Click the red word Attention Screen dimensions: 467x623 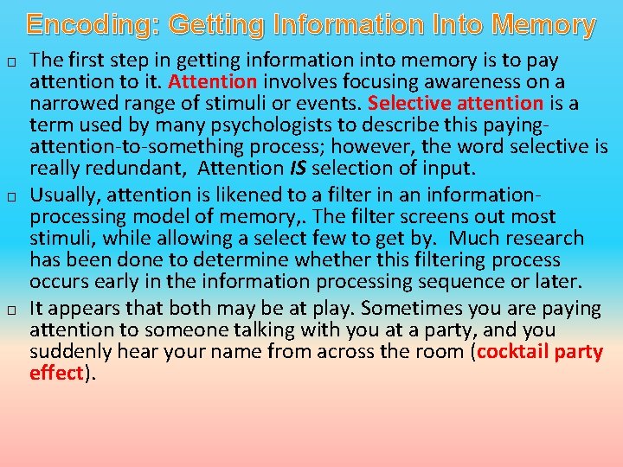point(213,83)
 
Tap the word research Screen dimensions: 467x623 point(547,238)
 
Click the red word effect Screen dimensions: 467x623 point(56,374)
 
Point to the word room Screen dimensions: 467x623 point(437,353)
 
